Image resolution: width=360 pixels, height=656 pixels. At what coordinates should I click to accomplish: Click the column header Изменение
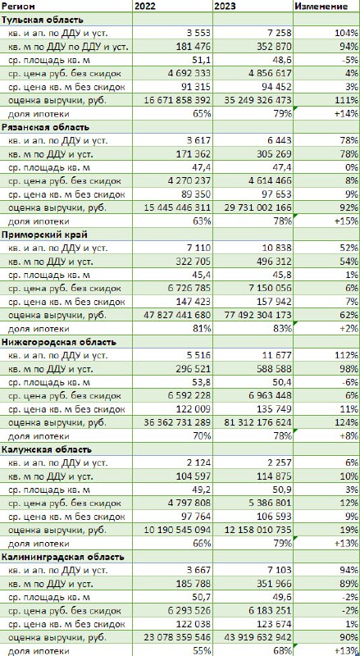click(321, 7)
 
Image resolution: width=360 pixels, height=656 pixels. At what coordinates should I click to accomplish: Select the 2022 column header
click(144, 7)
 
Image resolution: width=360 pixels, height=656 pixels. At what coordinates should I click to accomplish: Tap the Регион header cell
click(18, 7)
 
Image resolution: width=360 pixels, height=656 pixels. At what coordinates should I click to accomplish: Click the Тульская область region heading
click(43, 20)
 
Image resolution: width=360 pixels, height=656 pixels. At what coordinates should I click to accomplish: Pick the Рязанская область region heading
click(45, 127)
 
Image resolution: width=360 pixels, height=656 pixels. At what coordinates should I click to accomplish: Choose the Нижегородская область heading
click(58, 342)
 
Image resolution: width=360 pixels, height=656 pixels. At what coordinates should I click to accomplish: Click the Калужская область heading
click(47, 449)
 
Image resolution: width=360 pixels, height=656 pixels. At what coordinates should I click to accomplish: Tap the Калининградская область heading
click(63, 557)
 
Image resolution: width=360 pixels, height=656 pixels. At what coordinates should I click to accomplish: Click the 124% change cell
click(348, 422)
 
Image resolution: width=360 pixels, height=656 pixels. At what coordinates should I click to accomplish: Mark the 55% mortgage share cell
click(203, 651)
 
